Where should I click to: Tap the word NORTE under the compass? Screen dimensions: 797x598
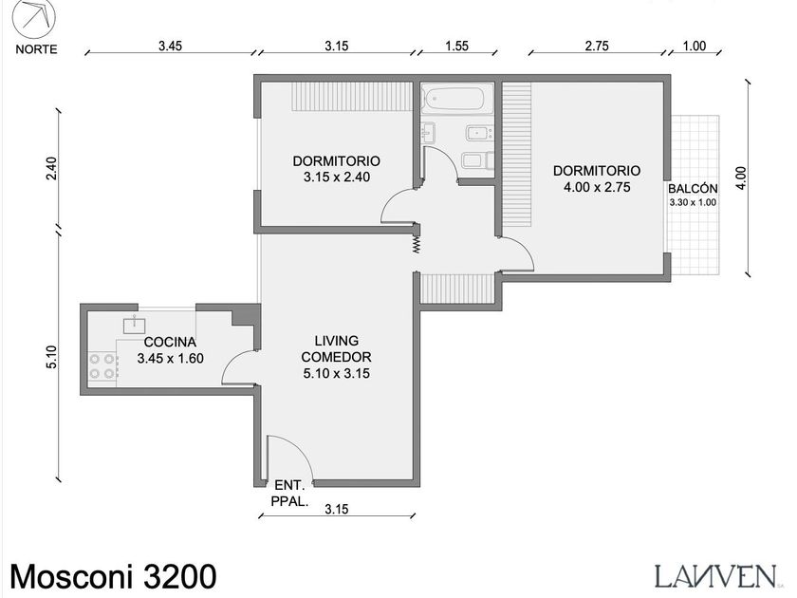click(36, 49)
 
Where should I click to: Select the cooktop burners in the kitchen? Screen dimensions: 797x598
click(102, 366)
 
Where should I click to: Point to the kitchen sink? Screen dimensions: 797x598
click(134, 325)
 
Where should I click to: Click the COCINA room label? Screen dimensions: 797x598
click(170, 342)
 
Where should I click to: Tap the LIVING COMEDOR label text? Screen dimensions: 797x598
click(337, 349)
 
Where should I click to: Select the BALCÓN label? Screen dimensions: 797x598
click(693, 189)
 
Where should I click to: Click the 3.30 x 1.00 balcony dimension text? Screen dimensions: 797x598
click(693, 202)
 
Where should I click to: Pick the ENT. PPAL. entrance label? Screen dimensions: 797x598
click(289, 493)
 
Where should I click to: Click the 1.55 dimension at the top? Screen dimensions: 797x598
click(456, 46)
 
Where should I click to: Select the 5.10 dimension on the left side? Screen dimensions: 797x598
click(53, 357)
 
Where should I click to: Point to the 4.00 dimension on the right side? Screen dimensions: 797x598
click(741, 178)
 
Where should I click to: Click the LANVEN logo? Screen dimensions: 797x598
click(715, 576)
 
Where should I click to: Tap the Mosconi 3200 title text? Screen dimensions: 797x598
click(113, 577)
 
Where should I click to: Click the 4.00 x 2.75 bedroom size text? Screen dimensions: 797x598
click(597, 187)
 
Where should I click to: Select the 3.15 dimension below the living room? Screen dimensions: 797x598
click(337, 509)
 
